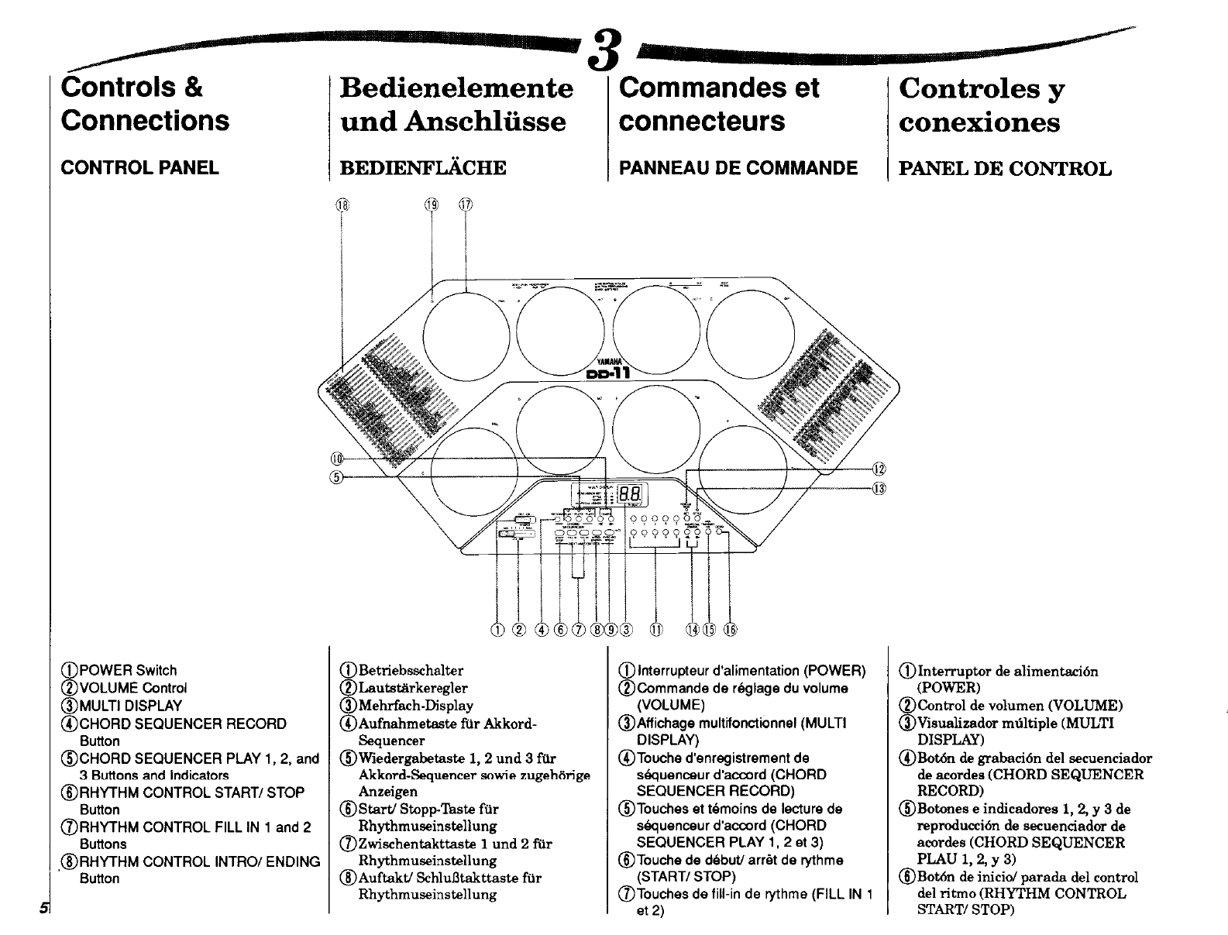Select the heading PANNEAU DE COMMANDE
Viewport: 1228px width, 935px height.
(738, 168)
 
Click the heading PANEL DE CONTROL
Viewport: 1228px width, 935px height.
(1004, 169)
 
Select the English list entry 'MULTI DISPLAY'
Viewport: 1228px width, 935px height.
(130, 706)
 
